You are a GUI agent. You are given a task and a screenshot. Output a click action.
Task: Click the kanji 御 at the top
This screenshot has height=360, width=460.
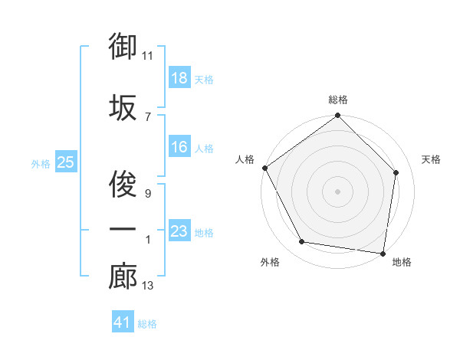123,47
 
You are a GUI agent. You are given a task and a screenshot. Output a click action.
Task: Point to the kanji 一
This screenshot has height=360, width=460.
123,229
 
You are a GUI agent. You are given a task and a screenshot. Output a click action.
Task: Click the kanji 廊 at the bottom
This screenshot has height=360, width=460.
123,277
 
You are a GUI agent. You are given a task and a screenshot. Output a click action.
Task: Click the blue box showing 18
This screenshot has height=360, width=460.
179,78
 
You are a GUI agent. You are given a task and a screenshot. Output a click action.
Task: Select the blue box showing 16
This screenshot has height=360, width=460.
179,147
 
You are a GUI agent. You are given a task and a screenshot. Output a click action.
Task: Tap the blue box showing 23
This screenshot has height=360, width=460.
179,231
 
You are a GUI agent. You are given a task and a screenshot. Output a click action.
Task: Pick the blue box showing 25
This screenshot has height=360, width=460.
65,162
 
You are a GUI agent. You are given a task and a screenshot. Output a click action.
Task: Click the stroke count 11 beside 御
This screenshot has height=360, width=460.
149,56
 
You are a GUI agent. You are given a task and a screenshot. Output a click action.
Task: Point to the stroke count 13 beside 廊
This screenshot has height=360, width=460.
148,286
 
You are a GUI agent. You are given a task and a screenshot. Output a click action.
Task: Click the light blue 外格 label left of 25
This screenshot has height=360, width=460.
40,163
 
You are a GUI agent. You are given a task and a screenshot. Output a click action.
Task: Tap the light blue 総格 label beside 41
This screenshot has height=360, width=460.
147,324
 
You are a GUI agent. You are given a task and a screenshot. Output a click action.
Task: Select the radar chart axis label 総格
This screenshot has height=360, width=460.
338,100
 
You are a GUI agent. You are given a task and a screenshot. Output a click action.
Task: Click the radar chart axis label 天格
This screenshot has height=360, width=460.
431,159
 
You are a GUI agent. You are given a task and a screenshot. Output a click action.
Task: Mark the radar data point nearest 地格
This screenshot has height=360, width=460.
383,253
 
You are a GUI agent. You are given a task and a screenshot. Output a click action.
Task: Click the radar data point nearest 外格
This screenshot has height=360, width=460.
302,242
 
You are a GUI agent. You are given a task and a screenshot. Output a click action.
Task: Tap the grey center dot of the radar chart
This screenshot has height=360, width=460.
338,191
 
